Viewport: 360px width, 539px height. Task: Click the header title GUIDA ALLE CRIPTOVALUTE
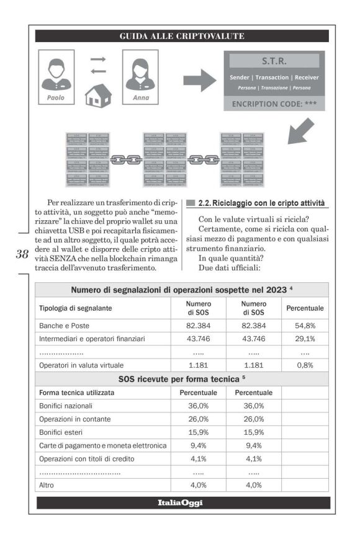[x=182, y=36]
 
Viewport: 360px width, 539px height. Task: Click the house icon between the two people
[x=98, y=95]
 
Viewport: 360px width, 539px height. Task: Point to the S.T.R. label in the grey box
[x=274, y=61]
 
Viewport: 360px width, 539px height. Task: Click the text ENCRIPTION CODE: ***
[x=274, y=104]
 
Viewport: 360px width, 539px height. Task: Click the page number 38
[x=22, y=254]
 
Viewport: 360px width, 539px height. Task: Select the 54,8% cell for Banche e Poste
[x=305, y=326]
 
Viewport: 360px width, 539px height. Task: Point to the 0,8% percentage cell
[x=305, y=365]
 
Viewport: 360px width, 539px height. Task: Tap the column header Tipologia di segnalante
[x=78, y=308]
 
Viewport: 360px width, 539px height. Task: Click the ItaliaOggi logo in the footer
[x=180, y=502]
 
